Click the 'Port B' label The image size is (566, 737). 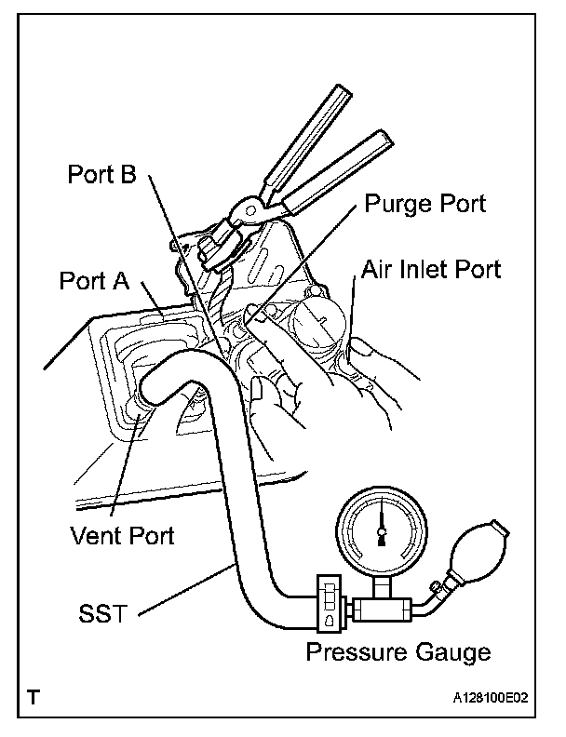point(101,175)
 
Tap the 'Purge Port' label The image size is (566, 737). point(425,204)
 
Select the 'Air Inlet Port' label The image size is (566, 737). point(431,269)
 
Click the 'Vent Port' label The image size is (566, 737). point(122,535)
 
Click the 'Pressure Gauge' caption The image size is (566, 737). point(398,652)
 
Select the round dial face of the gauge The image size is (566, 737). point(379,532)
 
